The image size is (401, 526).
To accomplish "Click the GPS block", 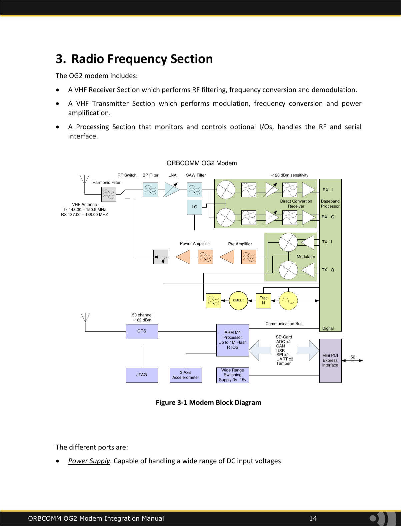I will coord(142,331).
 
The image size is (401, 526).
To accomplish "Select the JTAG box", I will coord(142,375).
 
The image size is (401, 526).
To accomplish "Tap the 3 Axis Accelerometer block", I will coord(186,375).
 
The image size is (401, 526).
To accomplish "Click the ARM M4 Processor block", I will coord(233,340).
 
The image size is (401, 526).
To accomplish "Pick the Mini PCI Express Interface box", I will coord(330,360).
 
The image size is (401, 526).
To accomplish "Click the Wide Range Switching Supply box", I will coord(233,375).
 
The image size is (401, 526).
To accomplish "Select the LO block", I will coord(194,207).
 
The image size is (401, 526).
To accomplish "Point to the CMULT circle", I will coord(238,300).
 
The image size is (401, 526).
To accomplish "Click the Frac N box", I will coord(263,300).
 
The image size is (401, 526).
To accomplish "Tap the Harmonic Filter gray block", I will coord(109,194).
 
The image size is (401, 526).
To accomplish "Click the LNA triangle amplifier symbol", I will coord(172,190).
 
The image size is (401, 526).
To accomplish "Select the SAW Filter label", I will coord(196,175).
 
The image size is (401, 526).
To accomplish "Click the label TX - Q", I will coord(328,270).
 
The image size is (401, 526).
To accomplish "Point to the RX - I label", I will coord(328,190).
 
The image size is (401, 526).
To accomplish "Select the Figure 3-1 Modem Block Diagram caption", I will coord(209,403).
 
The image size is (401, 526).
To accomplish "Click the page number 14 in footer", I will coord(313,518).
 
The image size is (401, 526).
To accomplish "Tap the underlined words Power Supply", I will coord(89,461).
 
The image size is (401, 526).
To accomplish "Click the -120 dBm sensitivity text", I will coord(290,175).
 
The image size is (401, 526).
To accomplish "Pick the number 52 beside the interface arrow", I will coord(353,357).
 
